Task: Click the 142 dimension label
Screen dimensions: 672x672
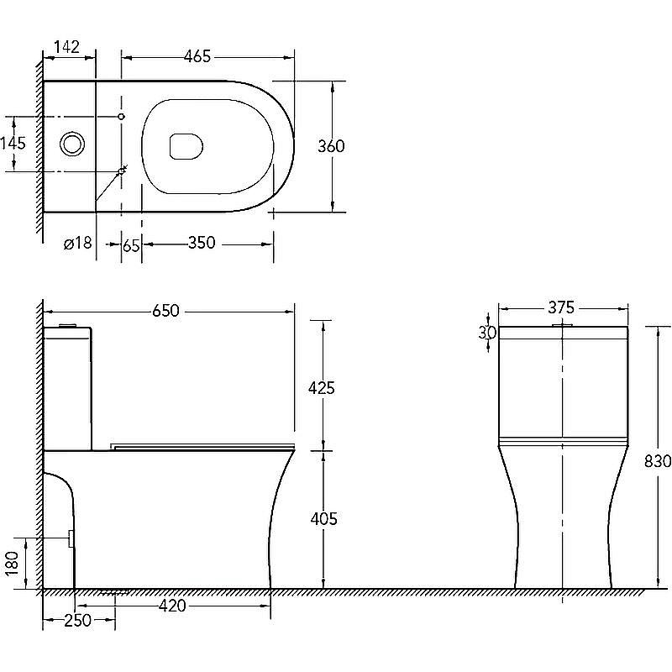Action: pos(67,47)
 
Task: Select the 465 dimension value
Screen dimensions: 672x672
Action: pos(197,56)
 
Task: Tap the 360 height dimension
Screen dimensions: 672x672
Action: pos(331,146)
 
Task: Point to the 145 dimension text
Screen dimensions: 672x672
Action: pos(13,143)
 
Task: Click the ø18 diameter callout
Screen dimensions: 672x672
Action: pos(77,243)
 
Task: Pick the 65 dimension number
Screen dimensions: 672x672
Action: pos(131,245)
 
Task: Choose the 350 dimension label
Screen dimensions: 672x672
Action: pos(202,243)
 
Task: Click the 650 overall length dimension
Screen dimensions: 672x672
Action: pos(165,310)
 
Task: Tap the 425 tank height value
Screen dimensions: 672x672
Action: pos(322,388)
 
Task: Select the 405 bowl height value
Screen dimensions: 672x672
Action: pos(323,518)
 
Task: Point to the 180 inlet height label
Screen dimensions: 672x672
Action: pos(13,563)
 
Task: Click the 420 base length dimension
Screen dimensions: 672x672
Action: pos(172,606)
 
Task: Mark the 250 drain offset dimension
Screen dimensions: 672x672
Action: pos(77,620)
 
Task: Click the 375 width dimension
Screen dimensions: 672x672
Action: pos(561,307)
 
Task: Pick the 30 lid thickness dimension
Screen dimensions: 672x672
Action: pos(487,333)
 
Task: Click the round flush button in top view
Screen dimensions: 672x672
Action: pos(72,144)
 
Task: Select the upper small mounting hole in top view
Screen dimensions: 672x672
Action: pos(121,117)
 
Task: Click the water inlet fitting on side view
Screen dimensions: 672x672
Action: pos(71,538)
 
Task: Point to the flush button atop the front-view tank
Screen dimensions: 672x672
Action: pos(562,325)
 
